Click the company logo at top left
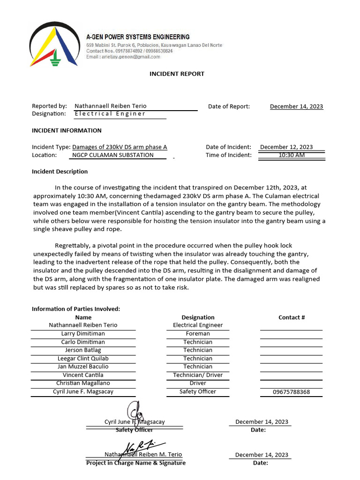coord(53,44)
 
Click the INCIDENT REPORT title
coord(177,74)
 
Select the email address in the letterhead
coord(123,57)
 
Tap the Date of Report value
coord(296,106)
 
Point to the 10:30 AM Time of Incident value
coord(291,155)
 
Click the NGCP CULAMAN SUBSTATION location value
coord(113,155)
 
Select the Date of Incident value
coord(286,147)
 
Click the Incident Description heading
coord(60,172)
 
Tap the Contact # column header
coord(292,317)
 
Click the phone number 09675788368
coord(291,392)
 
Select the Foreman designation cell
coord(198,334)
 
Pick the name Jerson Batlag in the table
coord(83,350)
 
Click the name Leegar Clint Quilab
coord(83,359)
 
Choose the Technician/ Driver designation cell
coord(198,375)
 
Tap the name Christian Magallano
coord(83,383)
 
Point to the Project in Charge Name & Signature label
coord(136,463)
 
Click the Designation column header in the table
coord(198,317)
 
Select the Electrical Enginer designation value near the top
coord(110,114)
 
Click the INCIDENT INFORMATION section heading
coord(67,131)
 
